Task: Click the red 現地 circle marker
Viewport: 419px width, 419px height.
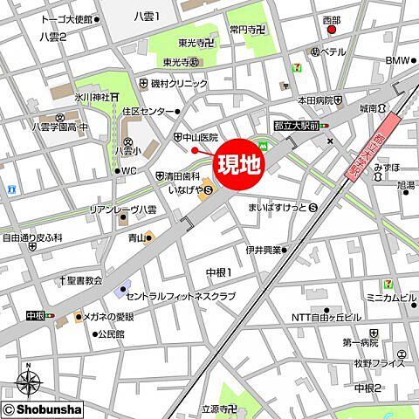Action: click(x=237, y=162)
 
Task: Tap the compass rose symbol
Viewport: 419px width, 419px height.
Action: click(x=29, y=383)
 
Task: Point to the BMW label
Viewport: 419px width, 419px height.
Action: click(x=397, y=60)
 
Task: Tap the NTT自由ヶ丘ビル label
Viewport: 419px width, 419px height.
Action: click(x=325, y=316)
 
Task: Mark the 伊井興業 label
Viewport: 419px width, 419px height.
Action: click(x=262, y=250)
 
